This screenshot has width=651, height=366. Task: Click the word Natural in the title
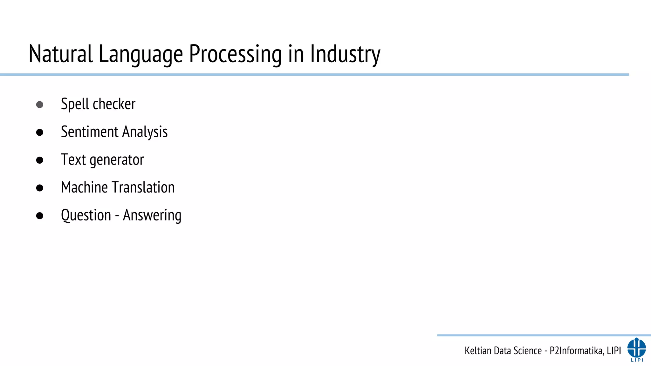coord(60,54)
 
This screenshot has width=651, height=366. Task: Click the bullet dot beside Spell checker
coord(40,105)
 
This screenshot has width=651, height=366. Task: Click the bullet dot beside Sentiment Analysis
coord(40,132)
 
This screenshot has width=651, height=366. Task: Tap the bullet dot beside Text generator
coord(40,160)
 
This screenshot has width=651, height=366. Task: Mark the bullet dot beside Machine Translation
coord(40,188)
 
